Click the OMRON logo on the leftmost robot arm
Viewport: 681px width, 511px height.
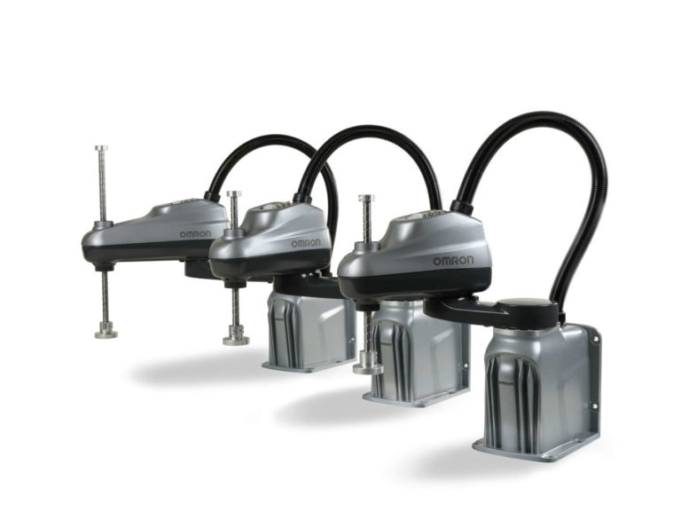click(x=195, y=234)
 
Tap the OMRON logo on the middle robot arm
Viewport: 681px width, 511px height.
click(x=304, y=243)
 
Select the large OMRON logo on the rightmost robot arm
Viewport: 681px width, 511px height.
click(x=453, y=260)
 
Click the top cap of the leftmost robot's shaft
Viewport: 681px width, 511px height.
click(x=102, y=149)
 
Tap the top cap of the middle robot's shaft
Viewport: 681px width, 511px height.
click(x=233, y=194)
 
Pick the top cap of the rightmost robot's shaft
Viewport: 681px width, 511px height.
click(x=365, y=199)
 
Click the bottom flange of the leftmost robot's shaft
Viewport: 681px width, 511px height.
click(x=106, y=332)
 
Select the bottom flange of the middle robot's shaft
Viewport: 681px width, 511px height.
click(x=236, y=337)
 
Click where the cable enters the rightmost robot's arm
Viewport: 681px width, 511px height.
click(x=461, y=208)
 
